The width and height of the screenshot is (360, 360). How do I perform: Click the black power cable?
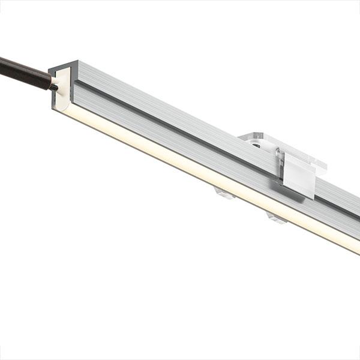click(x=24, y=71)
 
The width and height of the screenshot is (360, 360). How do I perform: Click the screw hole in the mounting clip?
click(x=256, y=145)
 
